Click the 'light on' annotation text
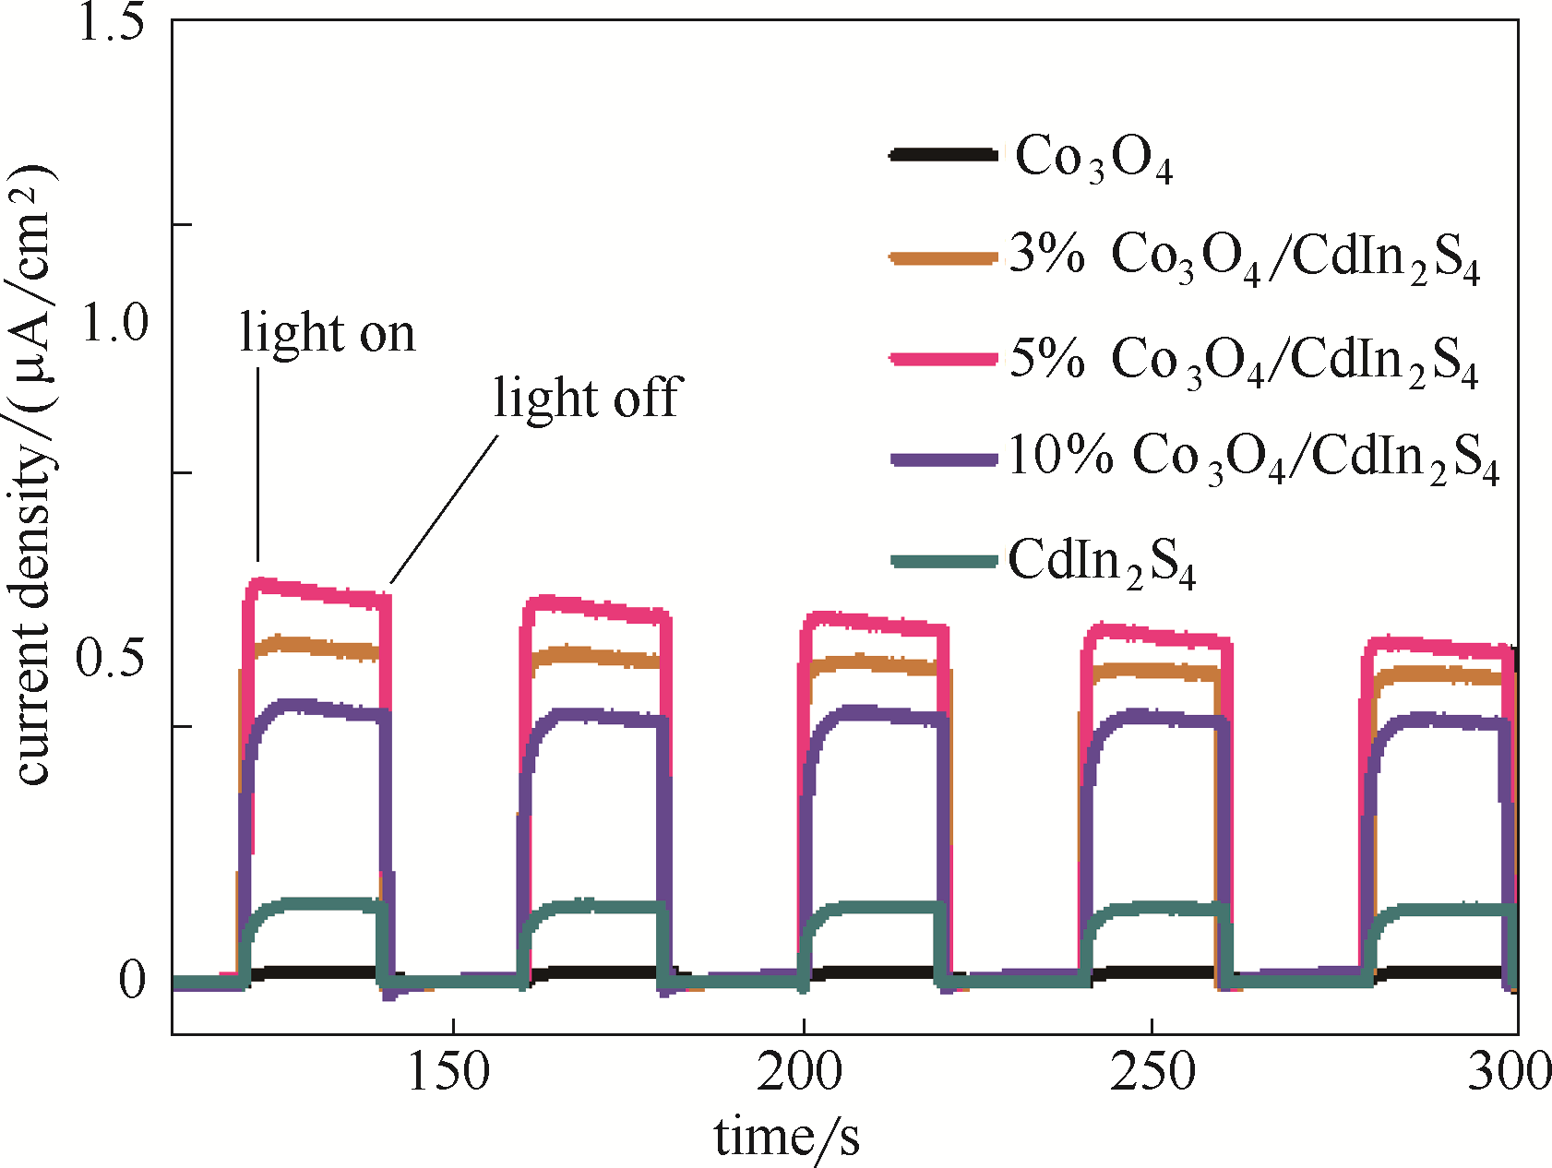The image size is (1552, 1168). tap(328, 333)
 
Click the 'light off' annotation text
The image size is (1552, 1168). tap(587, 399)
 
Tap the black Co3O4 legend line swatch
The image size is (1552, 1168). tap(943, 155)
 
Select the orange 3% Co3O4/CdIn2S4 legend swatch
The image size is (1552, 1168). tap(943, 257)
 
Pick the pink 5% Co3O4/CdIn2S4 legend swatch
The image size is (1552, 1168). tap(943, 359)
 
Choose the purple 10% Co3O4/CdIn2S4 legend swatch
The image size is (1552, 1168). tap(943, 459)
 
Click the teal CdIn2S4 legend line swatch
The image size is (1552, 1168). tap(943, 561)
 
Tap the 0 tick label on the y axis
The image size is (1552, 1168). tap(132, 980)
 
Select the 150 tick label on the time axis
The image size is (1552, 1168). tap(448, 1073)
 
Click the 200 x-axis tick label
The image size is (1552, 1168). tap(800, 1073)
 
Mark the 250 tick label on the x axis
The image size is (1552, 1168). tap(1152, 1073)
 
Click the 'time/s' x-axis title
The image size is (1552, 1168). tap(787, 1137)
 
